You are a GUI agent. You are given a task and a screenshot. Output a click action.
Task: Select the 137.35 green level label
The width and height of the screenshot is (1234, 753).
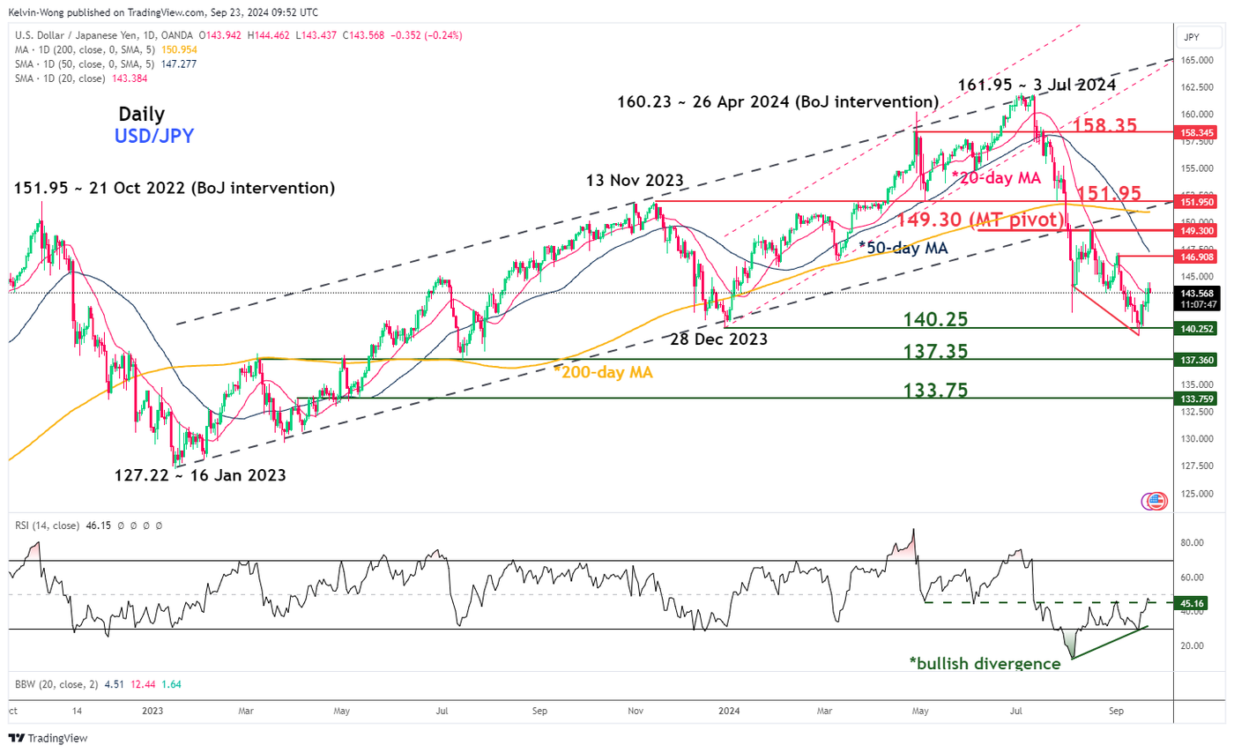[935, 351]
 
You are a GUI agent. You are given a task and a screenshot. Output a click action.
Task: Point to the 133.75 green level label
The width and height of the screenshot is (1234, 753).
[935, 390]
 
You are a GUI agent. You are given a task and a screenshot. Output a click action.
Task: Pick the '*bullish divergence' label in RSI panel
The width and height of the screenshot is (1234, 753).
[985, 663]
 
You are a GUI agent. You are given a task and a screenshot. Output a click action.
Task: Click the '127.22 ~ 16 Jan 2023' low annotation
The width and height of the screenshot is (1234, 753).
[200, 475]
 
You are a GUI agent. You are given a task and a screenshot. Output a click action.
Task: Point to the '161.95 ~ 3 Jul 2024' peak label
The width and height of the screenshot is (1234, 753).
[1037, 85]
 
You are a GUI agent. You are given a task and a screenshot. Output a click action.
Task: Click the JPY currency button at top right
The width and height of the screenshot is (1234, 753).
[1194, 38]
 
